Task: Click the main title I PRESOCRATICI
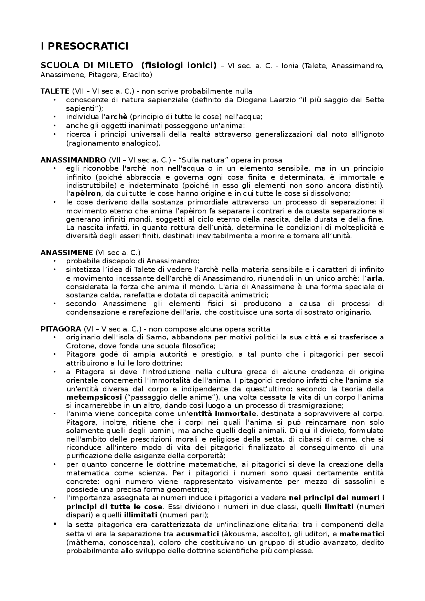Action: pyautogui.click(x=84, y=47)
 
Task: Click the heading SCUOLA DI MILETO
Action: pyautogui.click(x=87, y=65)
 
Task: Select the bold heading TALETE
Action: pyautogui.click(x=55, y=91)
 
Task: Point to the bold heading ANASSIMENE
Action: pyautogui.click(x=66, y=253)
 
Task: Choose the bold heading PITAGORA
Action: pyautogui.click(x=61, y=329)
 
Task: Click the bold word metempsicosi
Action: pyautogui.click(x=94, y=397)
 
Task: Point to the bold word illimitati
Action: pyautogui.click(x=140, y=515)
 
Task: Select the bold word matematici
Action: pyautogui.click(x=362, y=534)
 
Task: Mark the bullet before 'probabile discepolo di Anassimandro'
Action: pyautogui.click(x=55, y=261)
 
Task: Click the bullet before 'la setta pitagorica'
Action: pyautogui.click(x=55, y=524)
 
